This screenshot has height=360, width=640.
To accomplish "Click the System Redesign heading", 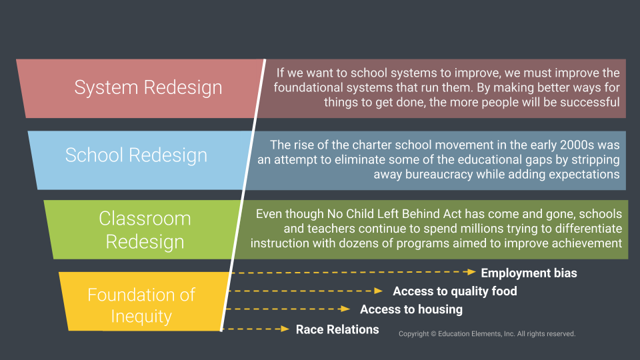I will tap(148, 87).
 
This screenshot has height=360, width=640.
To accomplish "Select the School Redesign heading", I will tap(136, 155).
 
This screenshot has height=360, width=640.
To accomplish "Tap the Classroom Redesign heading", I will tap(145, 229).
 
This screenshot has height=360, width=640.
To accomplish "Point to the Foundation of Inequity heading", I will tap(141, 305).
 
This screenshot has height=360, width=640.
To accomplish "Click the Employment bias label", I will tap(529, 273).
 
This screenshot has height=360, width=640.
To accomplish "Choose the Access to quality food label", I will tap(455, 291).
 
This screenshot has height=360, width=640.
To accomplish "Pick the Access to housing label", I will tap(411, 309).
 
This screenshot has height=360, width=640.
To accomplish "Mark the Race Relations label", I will tap(337, 329).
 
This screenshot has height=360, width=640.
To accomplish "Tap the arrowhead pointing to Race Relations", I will tap(286, 329).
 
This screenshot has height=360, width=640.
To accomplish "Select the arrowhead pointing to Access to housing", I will tap(345, 309).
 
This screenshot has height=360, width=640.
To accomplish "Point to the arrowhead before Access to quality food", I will tap(379, 291).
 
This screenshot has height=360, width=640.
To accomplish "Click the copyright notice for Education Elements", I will tap(487, 333).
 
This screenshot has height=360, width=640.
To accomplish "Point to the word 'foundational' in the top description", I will tap(306, 87).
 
